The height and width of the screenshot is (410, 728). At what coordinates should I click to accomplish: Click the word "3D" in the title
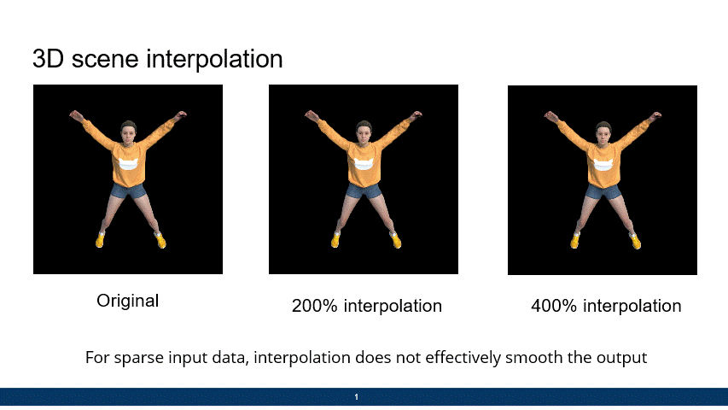48,59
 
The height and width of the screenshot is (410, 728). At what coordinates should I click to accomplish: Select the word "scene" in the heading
105,60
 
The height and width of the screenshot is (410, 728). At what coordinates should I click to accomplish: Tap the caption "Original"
128,301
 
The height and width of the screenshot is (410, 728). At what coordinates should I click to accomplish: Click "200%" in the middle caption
314,306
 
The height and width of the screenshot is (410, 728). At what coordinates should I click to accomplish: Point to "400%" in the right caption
553,306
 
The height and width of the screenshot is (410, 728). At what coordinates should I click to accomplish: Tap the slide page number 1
356,397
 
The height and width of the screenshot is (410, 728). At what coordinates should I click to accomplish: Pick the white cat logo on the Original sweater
129,164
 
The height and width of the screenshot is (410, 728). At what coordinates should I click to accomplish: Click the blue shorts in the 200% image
364,190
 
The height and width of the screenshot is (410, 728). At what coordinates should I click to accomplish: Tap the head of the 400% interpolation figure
603,132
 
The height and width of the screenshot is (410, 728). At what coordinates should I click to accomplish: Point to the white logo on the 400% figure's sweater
603,165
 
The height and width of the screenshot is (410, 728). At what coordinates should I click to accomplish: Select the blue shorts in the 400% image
603,191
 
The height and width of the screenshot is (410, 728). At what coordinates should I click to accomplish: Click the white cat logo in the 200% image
364,164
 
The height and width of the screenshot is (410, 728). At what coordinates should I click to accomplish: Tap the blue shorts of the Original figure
128,190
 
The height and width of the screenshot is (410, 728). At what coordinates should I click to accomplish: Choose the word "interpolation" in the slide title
214,60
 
